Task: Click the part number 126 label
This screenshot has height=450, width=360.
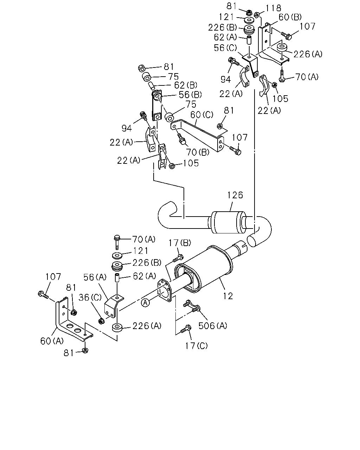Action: coord(235,195)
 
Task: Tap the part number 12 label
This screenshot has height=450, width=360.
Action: coord(228,296)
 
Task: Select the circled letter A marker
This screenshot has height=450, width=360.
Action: coord(146,303)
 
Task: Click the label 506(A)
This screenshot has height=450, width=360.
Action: coord(213,326)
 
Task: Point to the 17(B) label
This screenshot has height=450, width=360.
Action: coord(180,243)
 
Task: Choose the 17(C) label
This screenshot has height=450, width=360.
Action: coord(196,346)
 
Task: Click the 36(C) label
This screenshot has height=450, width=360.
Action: coord(90,297)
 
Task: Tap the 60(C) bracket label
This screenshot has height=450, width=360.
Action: coord(202,115)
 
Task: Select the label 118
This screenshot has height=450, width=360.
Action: coord(273,8)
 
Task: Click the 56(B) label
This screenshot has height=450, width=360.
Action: coord(190,95)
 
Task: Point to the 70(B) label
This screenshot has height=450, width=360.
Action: coord(198,152)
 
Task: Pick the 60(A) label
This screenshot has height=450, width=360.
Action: coord(52,341)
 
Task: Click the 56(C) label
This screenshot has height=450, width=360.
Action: coord(225,48)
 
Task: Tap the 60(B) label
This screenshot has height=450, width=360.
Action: coord(290,17)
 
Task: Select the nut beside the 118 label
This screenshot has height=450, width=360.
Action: coord(257,15)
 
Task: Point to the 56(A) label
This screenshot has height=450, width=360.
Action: coord(95,277)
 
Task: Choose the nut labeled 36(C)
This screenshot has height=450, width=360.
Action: coord(102,321)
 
